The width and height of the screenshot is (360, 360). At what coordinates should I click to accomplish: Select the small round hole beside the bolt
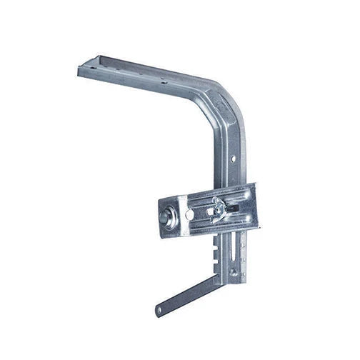189,214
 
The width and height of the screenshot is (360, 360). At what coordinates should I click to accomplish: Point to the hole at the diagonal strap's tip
159,311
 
